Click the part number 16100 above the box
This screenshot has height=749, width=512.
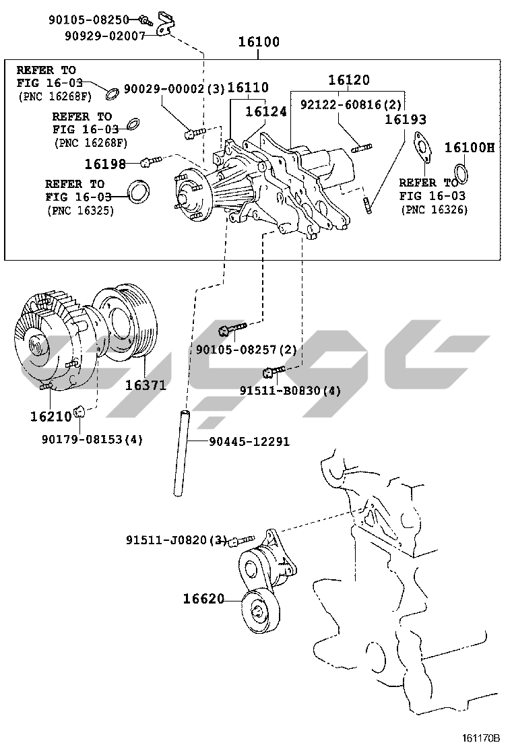click(x=259, y=42)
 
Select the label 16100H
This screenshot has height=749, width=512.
click(x=470, y=148)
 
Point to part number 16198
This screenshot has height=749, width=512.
click(x=105, y=163)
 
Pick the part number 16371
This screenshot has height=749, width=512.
click(x=146, y=385)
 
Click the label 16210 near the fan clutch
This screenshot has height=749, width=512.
click(x=51, y=416)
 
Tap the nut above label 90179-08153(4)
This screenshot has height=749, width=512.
click(x=79, y=410)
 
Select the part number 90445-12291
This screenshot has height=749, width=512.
click(x=249, y=442)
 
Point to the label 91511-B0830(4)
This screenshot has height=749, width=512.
click(x=290, y=391)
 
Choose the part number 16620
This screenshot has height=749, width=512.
click(x=203, y=598)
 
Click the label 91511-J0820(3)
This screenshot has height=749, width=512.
click(x=177, y=540)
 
